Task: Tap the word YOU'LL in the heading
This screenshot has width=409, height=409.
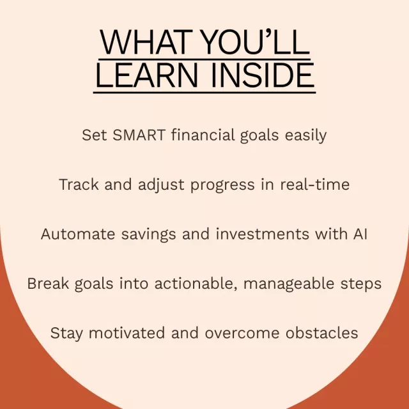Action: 256,42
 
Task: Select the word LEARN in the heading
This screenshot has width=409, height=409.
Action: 147,75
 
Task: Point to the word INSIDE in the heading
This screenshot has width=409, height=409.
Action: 263,75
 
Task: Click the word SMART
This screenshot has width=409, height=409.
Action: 139,135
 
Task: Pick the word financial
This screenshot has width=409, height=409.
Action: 203,135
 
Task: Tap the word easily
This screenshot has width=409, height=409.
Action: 305,135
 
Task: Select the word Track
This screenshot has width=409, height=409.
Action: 79,185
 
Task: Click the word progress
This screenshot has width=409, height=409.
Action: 222,185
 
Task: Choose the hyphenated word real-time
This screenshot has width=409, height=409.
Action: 315,184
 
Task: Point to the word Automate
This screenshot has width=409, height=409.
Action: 78,234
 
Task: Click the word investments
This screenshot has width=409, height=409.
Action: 263,234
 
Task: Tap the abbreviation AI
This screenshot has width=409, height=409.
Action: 360,234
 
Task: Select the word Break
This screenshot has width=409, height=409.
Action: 48,283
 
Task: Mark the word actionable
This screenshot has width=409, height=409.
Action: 195,283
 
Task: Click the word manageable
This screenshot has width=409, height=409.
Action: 288,284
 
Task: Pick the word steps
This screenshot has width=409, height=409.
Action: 361,284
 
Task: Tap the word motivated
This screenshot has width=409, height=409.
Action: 127,333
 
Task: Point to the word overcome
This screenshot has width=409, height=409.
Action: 242,334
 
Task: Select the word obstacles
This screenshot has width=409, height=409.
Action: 321,333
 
